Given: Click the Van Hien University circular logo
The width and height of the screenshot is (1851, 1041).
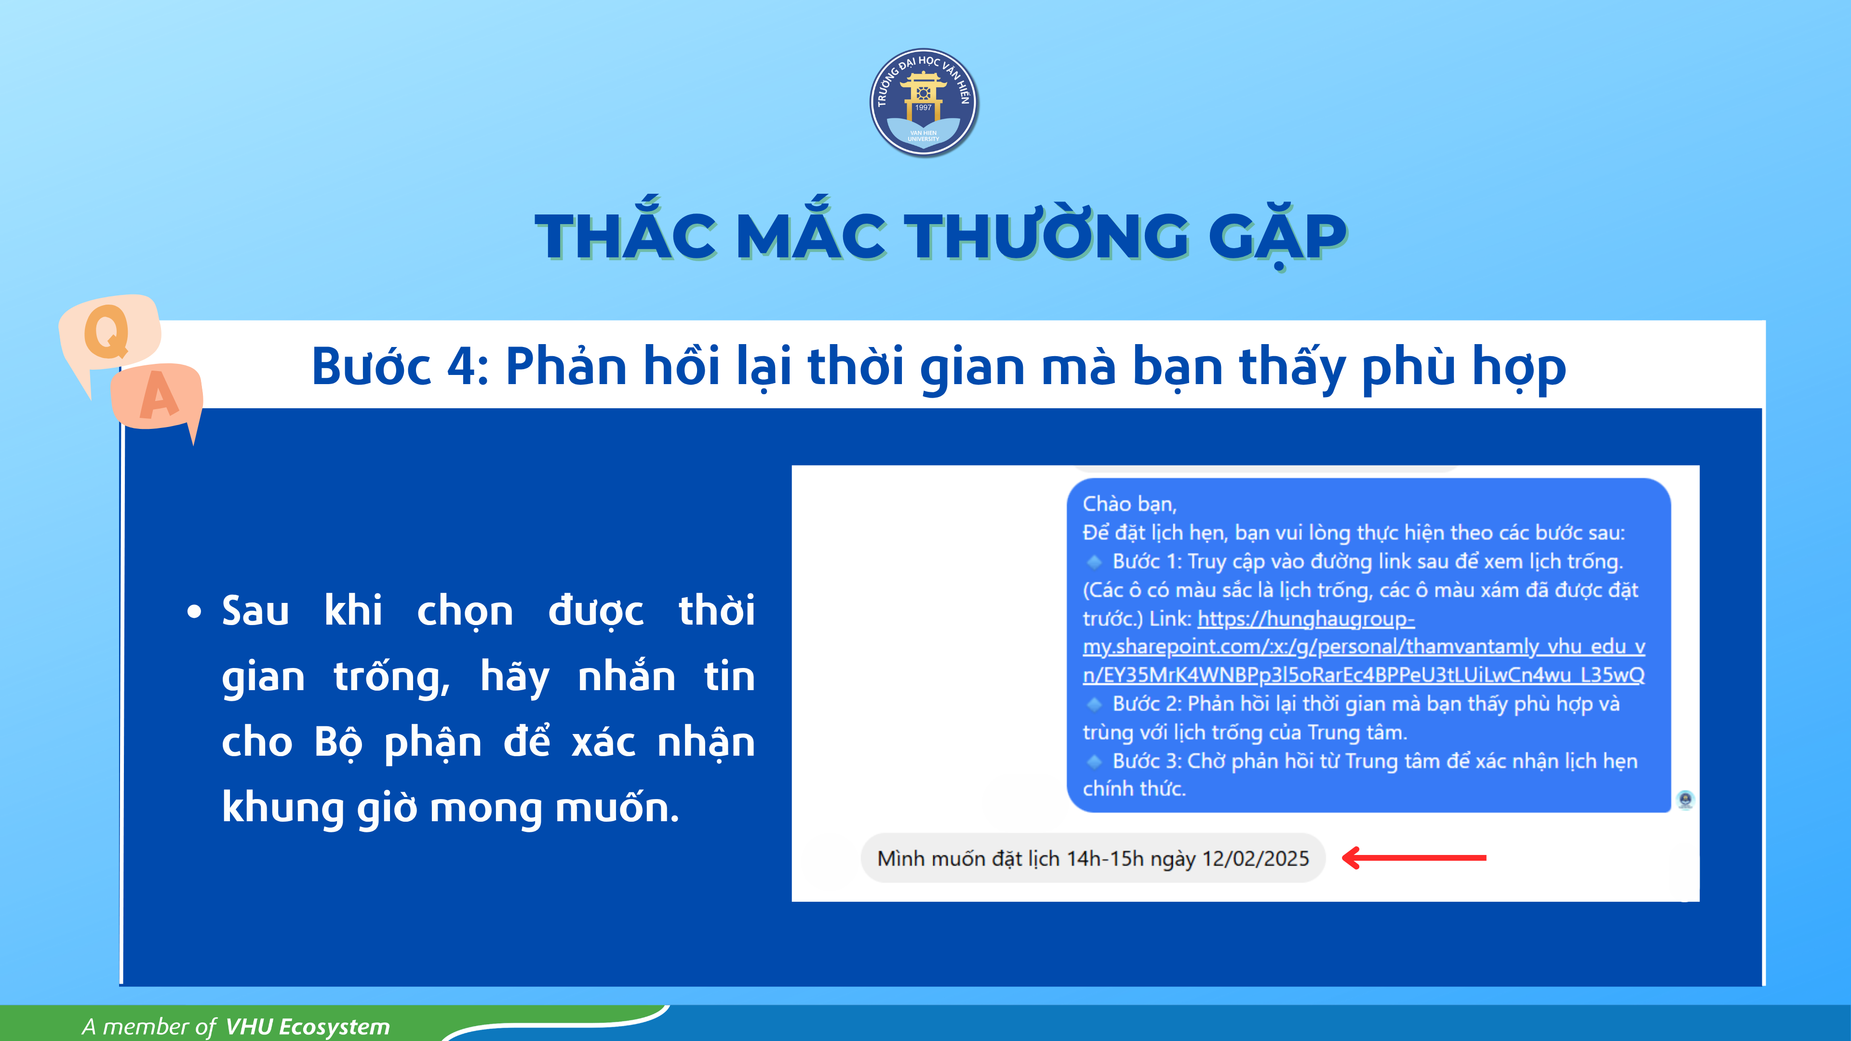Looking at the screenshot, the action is (924, 103).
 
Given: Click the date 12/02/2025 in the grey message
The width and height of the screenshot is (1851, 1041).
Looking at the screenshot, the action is (1255, 858).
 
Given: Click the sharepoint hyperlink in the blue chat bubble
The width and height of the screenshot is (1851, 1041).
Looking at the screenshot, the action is (1364, 647).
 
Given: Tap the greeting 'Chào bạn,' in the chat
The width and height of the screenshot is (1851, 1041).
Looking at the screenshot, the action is (1129, 504).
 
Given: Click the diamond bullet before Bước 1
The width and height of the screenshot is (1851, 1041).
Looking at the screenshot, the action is (1094, 561).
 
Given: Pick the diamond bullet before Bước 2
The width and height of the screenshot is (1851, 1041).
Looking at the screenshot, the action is (1094, 703).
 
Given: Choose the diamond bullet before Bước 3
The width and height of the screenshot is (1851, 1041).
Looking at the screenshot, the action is (1094, 761).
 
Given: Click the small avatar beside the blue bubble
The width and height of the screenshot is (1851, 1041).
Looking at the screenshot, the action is (1685, 799).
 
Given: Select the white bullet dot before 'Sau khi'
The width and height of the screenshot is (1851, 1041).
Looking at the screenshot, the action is (194, 612).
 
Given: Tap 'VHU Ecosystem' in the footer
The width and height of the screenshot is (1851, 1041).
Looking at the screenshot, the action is (308, 1027).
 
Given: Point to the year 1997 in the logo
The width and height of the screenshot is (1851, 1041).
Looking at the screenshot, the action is (924, 108).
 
